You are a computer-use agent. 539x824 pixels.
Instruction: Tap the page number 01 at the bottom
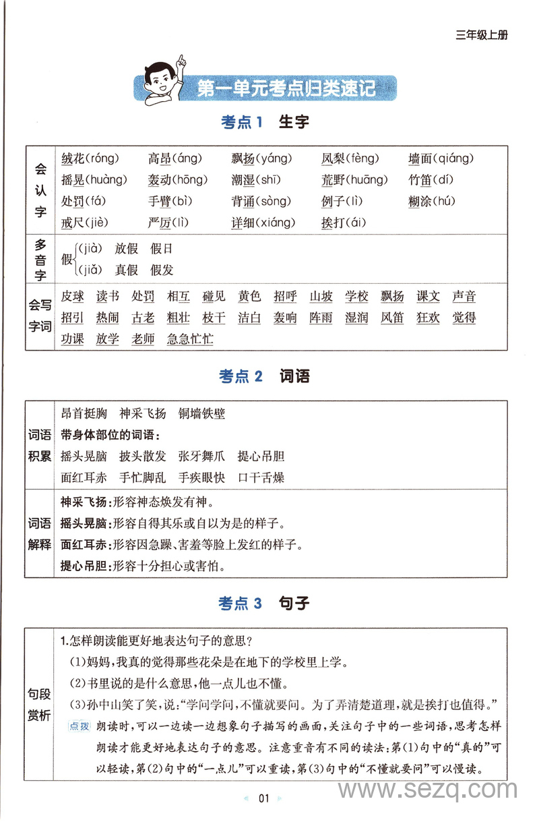[x=263, y=798]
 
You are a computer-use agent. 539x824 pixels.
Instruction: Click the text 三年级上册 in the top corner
[x=481, y=35]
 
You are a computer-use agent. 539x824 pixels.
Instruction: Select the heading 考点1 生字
[x=265, y=122]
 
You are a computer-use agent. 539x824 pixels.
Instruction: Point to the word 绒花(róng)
[x=90, y=159]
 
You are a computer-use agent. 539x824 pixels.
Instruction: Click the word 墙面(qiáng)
[x=441, y=159]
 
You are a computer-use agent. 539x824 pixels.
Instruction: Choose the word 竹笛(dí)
[x=431, y=180]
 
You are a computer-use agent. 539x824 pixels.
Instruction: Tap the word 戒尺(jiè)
[x=84, y=222]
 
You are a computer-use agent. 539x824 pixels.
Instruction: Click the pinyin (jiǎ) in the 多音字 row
[x=88, y=270]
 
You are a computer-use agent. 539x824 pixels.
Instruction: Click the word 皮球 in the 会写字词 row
[x=72, y=296]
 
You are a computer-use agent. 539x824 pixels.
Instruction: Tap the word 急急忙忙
[x=190, y=339]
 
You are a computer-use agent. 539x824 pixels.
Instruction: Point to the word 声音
[x=464, y=296]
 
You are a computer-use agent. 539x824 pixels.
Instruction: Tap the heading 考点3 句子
[x=263, y=603]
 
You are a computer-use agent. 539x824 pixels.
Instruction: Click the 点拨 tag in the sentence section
[x=79, y=726]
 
